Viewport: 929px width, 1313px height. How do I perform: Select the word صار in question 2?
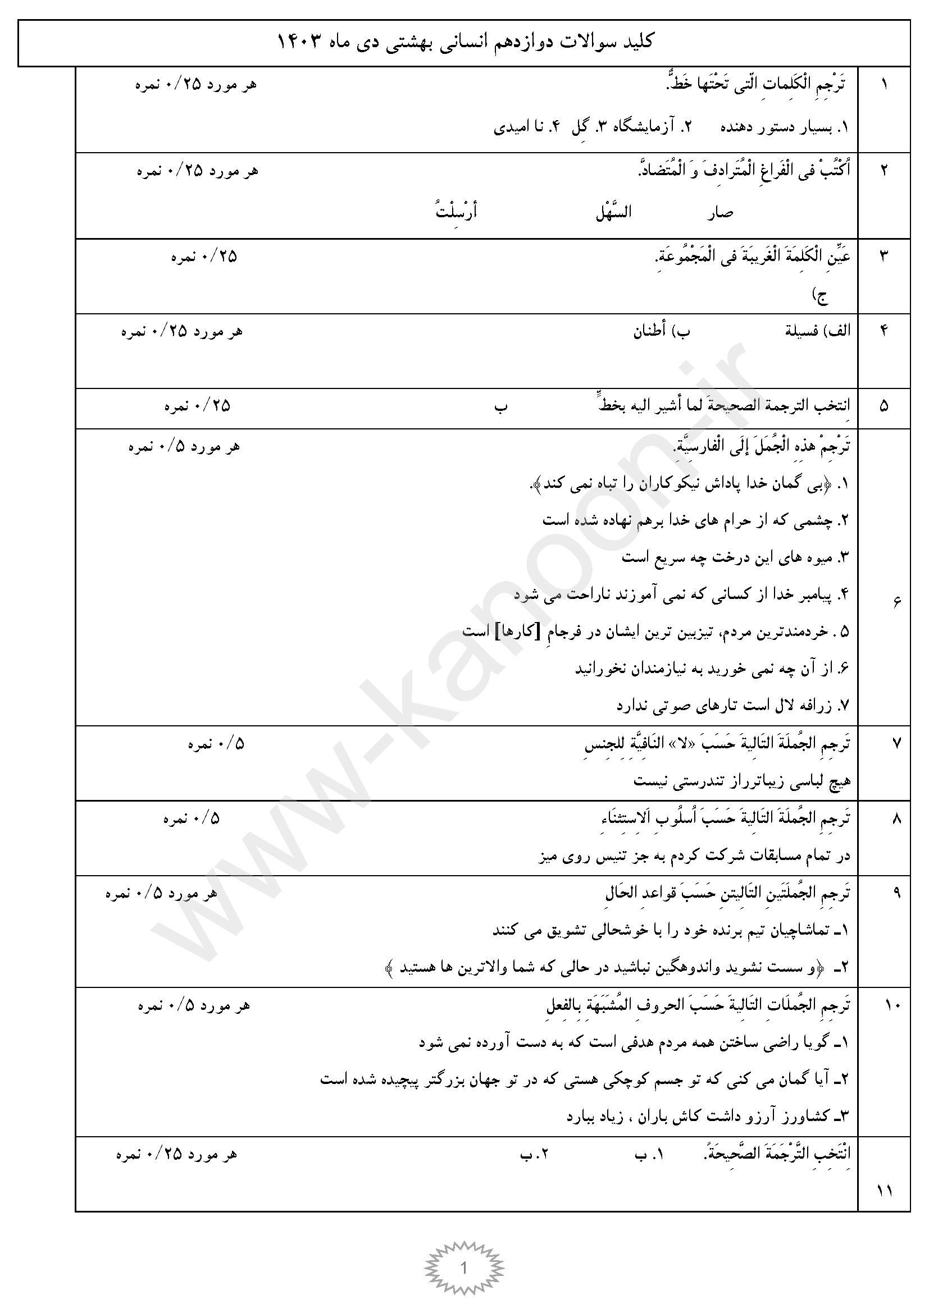pyautogui.click(x=720, y=213)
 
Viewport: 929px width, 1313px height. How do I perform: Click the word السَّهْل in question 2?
pyautogui.click(x=613, y=213)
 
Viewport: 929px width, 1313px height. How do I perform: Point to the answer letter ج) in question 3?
pyautogui.click(x=822, y=296)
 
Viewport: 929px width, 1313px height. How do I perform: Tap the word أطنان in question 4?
pyautogui.click(x=649, y=331)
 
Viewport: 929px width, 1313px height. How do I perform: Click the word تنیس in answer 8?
pyautogui.click(x=614, y=856)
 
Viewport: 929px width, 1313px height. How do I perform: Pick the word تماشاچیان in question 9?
pyautogui.click(x=804, y=930)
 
